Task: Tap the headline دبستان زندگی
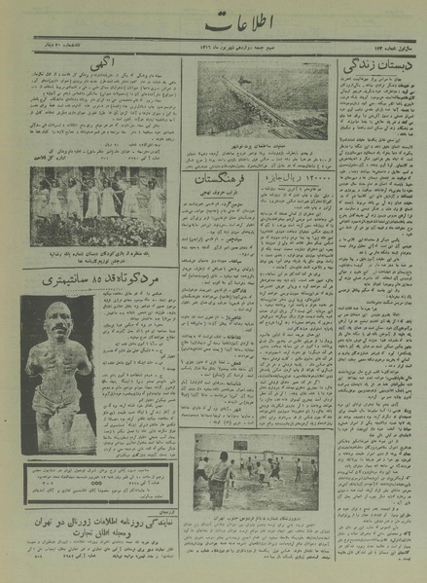pos(369,69)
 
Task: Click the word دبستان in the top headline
pos(384,69)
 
